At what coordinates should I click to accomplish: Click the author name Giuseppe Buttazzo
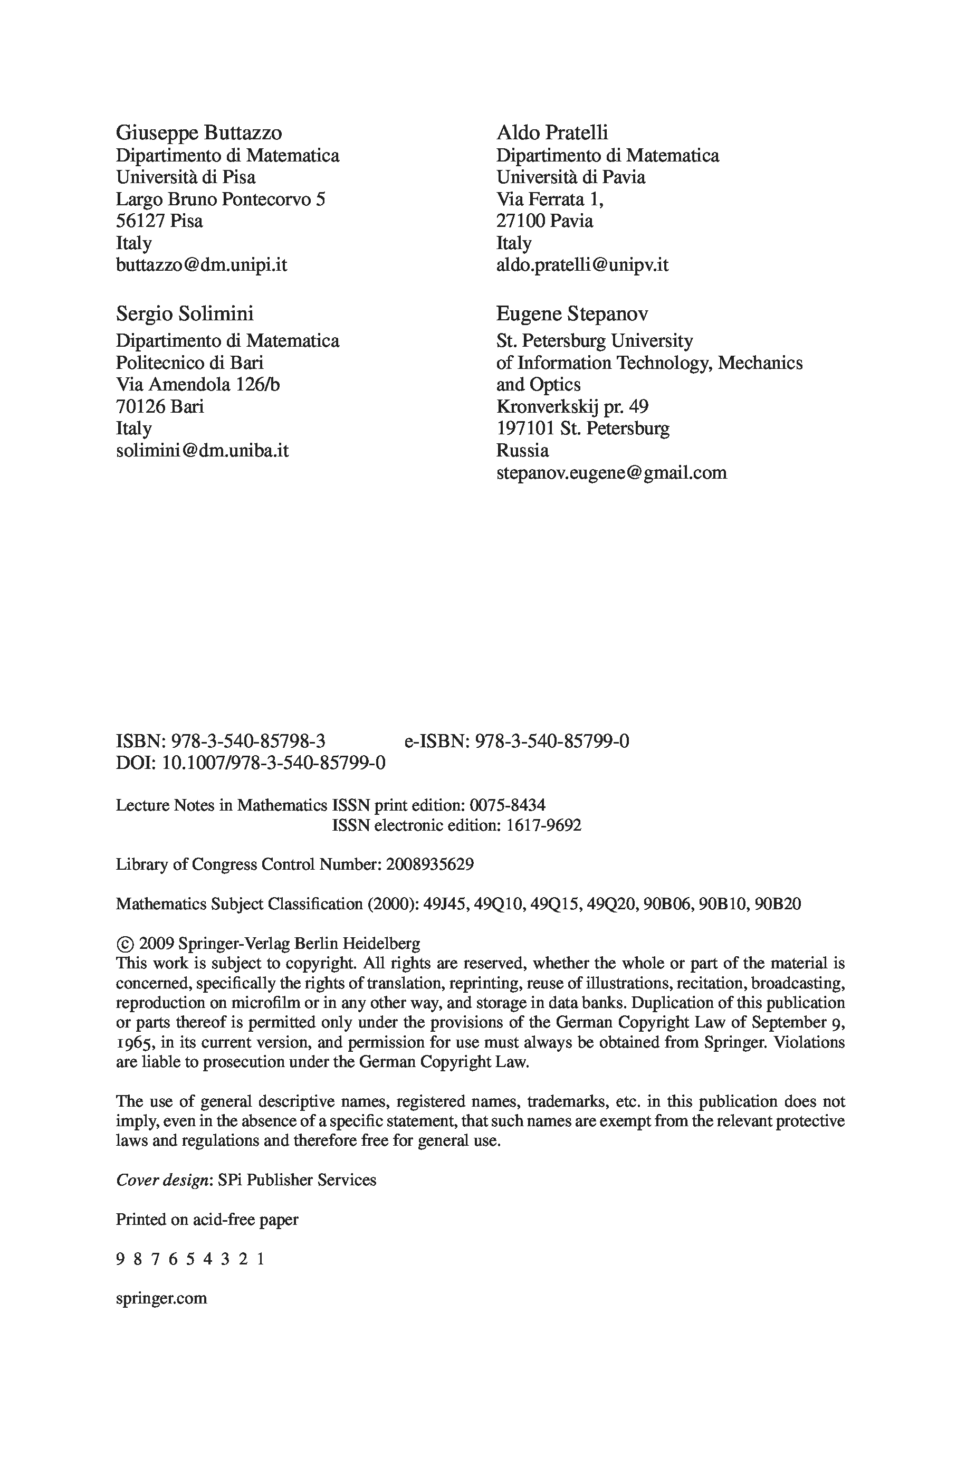198,132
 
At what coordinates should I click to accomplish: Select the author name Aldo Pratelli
552,132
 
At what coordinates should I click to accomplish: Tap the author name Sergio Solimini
184,313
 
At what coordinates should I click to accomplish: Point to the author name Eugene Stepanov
572,313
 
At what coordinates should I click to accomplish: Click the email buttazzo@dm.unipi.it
202,265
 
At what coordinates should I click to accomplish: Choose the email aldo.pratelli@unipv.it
582,265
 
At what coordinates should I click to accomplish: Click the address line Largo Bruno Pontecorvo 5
221,199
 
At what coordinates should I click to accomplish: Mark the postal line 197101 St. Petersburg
582,428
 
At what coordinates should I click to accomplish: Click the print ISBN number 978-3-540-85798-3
248,741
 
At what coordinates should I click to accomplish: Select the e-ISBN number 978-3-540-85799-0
552,741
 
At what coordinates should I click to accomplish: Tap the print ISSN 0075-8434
507,805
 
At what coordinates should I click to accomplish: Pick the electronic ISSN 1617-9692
543,825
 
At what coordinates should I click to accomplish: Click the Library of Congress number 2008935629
430,864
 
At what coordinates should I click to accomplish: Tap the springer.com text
161,1298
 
